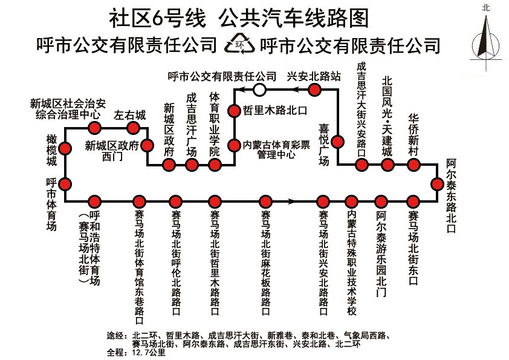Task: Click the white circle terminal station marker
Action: tap(259, 90)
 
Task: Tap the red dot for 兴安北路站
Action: tap(314, 90)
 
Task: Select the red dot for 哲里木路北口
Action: tap(234, 111)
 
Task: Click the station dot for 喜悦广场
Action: tap(337, 142)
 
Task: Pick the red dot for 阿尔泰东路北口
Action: tap(437, 184)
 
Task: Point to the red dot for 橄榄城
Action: tap(65, 148)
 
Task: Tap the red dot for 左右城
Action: tap(133, 128)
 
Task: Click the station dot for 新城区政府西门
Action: tap(147, 145)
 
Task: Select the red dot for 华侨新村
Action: tap(413, 165)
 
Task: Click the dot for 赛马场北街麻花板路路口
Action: tap(265, 201)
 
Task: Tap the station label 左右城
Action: tap(130, 116)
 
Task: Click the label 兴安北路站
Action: tap(314, 76)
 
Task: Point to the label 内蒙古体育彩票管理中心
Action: tap(276, 149)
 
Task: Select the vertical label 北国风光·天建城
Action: tap(387, 116)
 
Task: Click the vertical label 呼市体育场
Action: tap(51, 205)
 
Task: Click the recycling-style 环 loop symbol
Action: tap(240, 43)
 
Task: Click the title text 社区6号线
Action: tap(158, 18)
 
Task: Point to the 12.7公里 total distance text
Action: tap(148, 352)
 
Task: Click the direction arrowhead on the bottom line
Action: tap(291, 201)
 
